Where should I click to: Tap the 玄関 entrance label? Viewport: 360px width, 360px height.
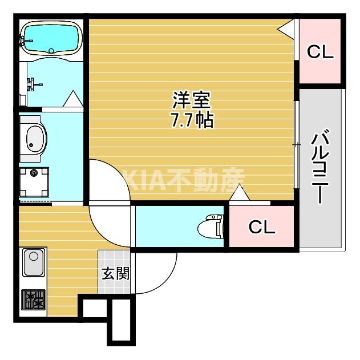coord(115,273)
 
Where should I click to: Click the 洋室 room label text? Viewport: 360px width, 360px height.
coord(192,101)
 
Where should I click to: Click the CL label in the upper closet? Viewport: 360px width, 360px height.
coord(320,52)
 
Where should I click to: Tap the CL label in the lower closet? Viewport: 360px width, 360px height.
coord(262,228)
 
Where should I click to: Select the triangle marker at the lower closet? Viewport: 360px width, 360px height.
coord(239,195)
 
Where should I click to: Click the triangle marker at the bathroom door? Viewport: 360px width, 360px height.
coord(73,99)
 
